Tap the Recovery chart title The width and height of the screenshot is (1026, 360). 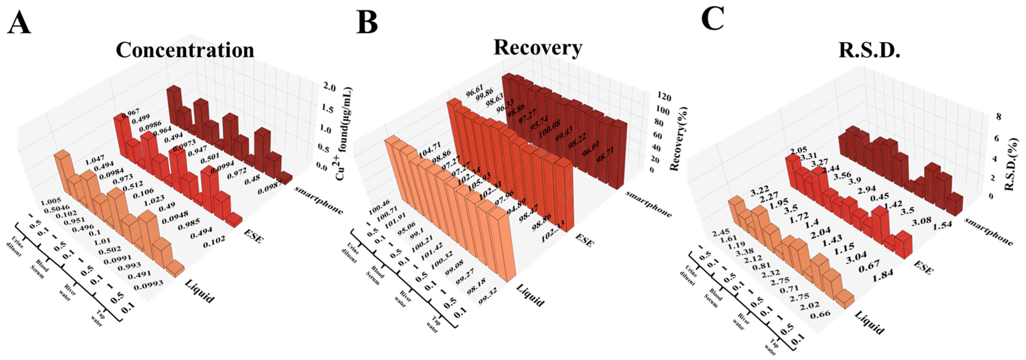pyautogui.click(x=538, y=48)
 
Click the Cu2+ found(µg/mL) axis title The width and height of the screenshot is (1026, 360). pyautogui.click(x=345, y=133)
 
